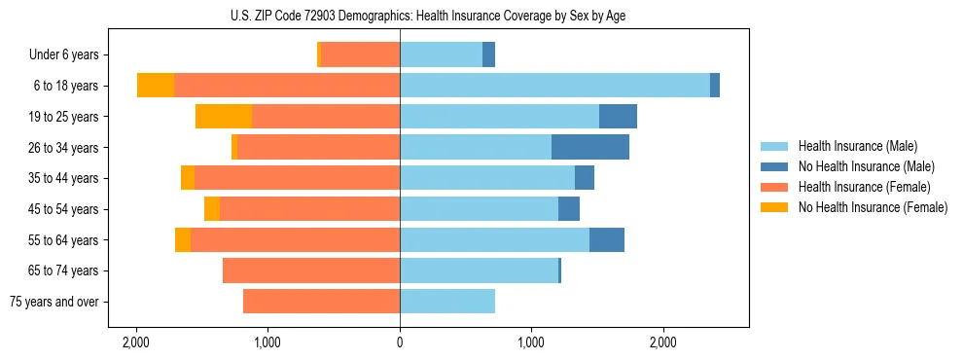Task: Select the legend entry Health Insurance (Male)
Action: click(857, 146)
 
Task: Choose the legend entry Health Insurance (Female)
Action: click(864, 187)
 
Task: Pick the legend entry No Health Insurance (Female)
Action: click(873, 207)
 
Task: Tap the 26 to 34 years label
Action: click(65, 148)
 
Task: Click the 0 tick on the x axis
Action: click(400, 343)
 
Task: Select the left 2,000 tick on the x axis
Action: click(136, 343)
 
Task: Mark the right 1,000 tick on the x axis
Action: click(531, 343)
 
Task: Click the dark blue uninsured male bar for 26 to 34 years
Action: click(590, 147)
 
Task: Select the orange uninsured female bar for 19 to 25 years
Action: click(224, 117)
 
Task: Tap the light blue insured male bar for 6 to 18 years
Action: click(554, 86)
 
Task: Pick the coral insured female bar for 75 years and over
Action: click(321, 302)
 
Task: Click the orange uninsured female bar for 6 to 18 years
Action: click(156, 86)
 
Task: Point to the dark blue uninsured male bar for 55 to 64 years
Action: click(607, 239)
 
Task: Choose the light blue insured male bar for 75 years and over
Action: click(447, 302)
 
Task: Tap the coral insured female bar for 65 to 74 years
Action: click(311, 270)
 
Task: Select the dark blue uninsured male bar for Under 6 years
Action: click(488, 55)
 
